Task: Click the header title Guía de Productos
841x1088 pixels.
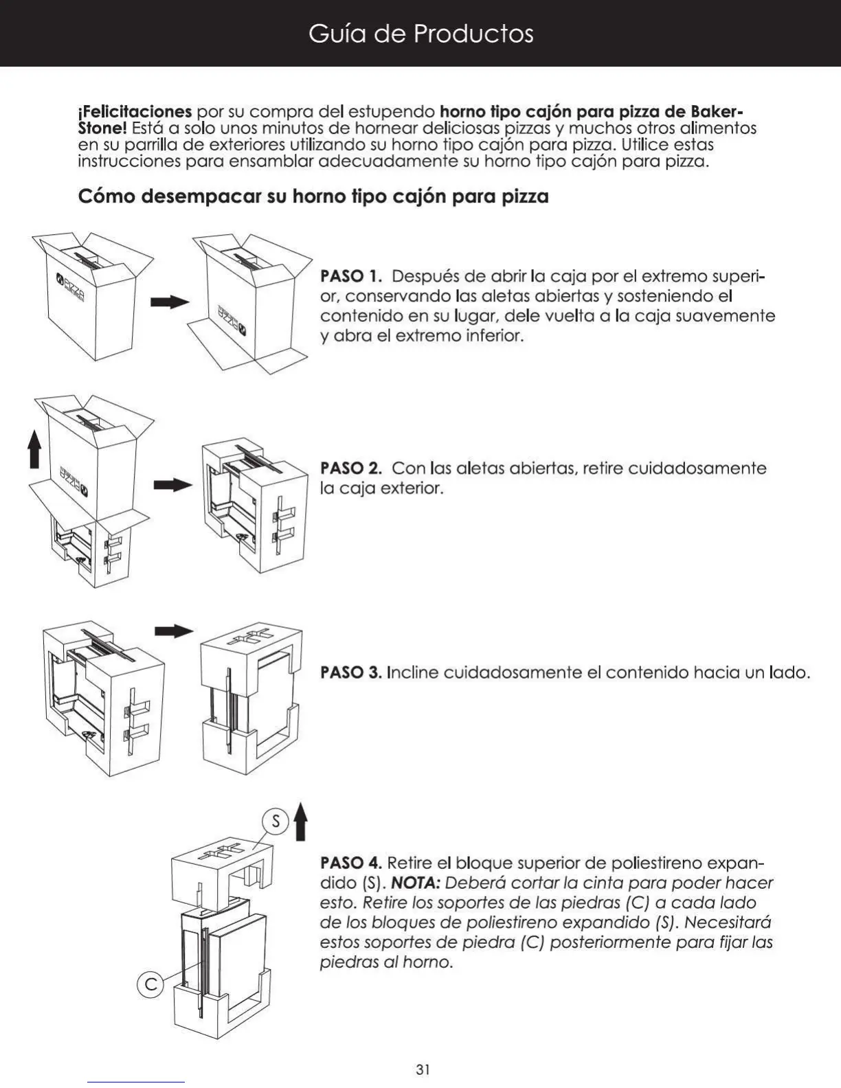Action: pyautogui.click(x=420, y=33)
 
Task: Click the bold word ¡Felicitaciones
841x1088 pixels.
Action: pyautogui.click(x=135, y=111)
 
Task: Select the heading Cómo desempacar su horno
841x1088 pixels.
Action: pyautogui.click(x=313, y=196)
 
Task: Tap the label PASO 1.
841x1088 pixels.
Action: pyautogui.click(x=350, y=276)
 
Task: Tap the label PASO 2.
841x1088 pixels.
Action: pyautogui.click(x=350, y=468)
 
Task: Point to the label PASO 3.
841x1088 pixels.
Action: pyautogui.click(x=350, y=672)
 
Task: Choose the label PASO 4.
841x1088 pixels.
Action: pyautogui.click(x=350, y=863)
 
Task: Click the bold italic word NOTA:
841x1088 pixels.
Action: pyautogui.click(x=415, y=883)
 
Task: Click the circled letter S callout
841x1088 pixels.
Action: pyautogui.click(x=276, y=821)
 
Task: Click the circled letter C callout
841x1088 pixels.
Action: pyautogui.click(x=150, y=985)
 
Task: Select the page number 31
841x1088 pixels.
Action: pyautogui.click(x=423, y=1069)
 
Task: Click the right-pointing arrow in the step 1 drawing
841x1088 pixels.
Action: pyautogui.click(x=170, y=302)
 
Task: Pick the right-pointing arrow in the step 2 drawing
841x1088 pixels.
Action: pyautogui.click(x=172, y=485)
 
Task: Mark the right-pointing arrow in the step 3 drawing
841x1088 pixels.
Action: pyautogui.click(x=174, y=631)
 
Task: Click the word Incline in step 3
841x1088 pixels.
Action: pyautogui.click(x=413, y=672)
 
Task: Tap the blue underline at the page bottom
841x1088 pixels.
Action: pyautogui.click(x=136, y=1083)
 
